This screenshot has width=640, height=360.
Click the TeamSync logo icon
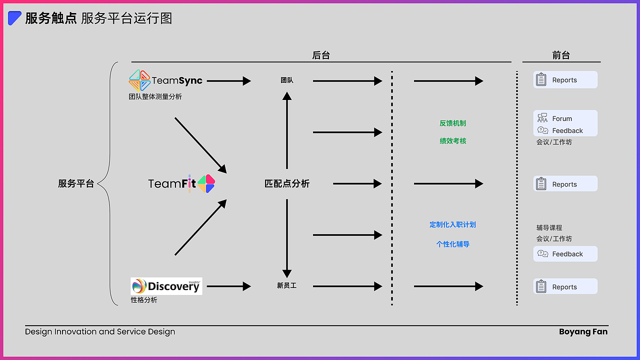pyautogui.click(x=139, y=80)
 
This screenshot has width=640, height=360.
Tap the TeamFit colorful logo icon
pyautogui.click(x=206, y=184)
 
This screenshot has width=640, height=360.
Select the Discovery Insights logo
pyautogui.click(x=166, y=286)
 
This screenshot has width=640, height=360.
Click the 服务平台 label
pyautogui.click(x=76, y=183)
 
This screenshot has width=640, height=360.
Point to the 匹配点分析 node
pyautogui.click(x=287, y=183)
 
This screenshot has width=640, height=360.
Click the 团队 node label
pyautogui.click(x=287, y=80)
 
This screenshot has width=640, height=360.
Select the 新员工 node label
pyautogui.click(x=287, y=286)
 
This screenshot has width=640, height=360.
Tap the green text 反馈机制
pyautogui.click(x=453, y=123)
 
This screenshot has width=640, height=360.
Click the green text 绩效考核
pyautogui.click(x=453, y=141)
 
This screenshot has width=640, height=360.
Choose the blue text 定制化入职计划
pyautogui.click(x=453, y=224)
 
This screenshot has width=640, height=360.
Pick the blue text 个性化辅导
pyautogui.click(x=453, y=244)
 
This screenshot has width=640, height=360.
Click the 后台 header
pyautogui.click(x=321, y=55)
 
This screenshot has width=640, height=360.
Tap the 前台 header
pyautogui.click(x=561, y=55)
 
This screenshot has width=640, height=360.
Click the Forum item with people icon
pyautogui.click(x=555, y=118)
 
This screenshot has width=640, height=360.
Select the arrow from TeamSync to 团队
pyautogui.click(x=228, y=81)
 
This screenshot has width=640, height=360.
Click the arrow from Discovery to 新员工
pyautogui.click(x=228, y=286)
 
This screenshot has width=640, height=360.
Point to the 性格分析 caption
pyautogui.click(x=144, y=300)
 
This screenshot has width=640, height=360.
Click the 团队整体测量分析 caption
pyautogui.click(x=155, y=97)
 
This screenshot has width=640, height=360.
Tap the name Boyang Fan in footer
pyautogui.click(x=583, y=332)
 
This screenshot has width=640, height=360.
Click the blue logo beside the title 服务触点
pyautogui.click(x=14, y=18)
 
